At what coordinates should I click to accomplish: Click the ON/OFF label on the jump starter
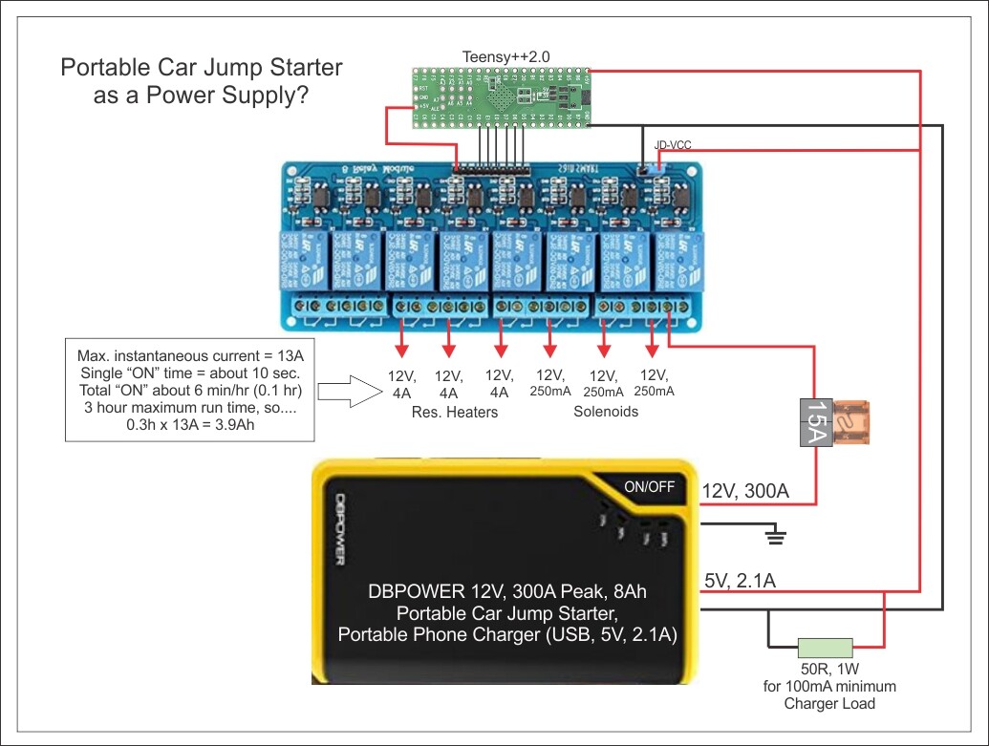pos(649,486)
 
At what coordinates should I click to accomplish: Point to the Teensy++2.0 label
pos(505,56)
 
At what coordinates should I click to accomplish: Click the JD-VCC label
pos(672,145)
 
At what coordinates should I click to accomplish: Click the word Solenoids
pos(605,412)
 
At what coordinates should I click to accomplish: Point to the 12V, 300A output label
pos(746,491)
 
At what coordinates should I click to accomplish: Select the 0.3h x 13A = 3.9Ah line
pos(190,422)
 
